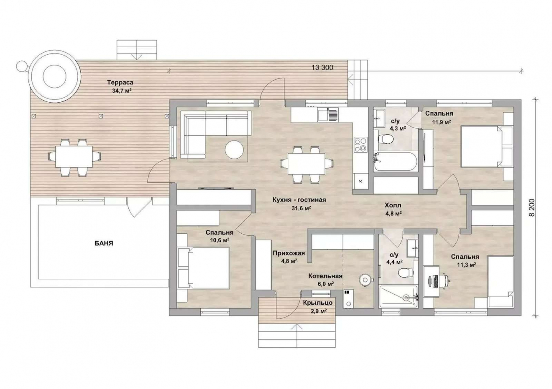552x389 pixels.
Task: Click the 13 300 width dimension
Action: click(322, 67)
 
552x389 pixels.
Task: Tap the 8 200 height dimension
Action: click(532, 207)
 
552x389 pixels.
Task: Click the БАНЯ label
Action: click(104, 243)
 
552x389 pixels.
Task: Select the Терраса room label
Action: click(120, 82)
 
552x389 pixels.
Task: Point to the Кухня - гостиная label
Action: click(299, 200)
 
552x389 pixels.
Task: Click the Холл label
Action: click(393, 205)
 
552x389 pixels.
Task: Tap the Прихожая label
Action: click(289, 253)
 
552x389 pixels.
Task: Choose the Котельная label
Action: click(325, 276)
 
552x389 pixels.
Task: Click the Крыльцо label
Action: click(318, 303)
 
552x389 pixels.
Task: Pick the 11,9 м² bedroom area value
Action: click(442, 122)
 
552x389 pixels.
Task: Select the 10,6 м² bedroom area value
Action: click(220, 240)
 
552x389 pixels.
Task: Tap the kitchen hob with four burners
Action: click(360, 144)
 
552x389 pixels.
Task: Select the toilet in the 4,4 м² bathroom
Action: click(406, 272)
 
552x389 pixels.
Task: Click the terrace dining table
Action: click(74, 157)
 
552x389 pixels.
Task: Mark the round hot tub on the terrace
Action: click(54, 76)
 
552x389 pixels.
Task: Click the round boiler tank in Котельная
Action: click(365, 280)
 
